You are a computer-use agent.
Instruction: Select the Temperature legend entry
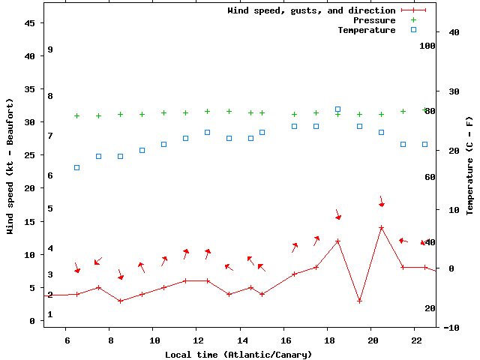pos(367,30)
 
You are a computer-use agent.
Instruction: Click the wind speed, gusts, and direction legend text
pos(311,10)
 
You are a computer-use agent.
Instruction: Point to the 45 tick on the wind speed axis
pos(30,23)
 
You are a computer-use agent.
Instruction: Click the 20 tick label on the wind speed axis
pos(30,188)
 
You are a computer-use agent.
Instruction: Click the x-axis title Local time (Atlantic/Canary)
pos(238,354)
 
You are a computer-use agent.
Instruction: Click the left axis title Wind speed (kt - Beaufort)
pos(10,165)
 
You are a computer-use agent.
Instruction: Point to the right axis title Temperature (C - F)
pos(469,165)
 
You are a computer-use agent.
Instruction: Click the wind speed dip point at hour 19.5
pos(359,301)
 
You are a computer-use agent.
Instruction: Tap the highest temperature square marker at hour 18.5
pos(337,109)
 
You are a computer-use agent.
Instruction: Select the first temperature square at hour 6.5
pos(76,167)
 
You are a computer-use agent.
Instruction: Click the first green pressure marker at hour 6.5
pos(76,115)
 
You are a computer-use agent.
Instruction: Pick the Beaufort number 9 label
pos(49,49)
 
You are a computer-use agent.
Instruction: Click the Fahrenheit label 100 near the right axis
pos(427,46)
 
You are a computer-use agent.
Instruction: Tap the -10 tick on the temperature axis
pos(452,327)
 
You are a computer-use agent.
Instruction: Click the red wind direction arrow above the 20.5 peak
pos(382,202)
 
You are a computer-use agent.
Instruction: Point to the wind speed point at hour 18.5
pos(337,241)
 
